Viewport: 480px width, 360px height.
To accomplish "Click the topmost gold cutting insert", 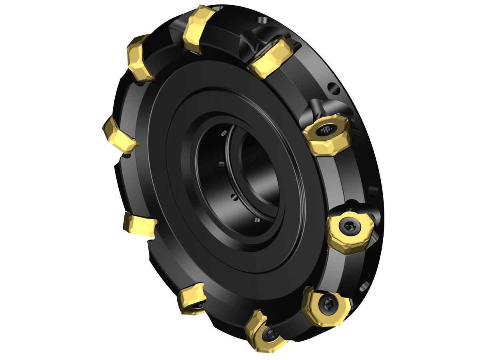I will (x=198, y=29).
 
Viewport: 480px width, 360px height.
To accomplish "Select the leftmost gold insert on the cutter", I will (x=119, y=135).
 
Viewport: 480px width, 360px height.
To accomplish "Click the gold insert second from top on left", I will (x=140, y=57).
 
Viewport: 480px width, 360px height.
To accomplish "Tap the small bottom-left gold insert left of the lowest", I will (x=192, y=298).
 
